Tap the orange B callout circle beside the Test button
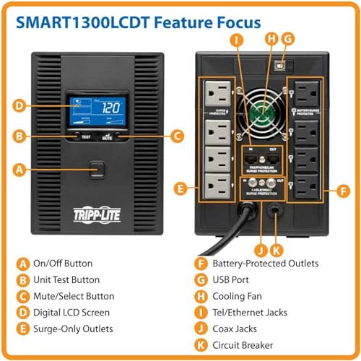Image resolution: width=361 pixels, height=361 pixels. (21, 135)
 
